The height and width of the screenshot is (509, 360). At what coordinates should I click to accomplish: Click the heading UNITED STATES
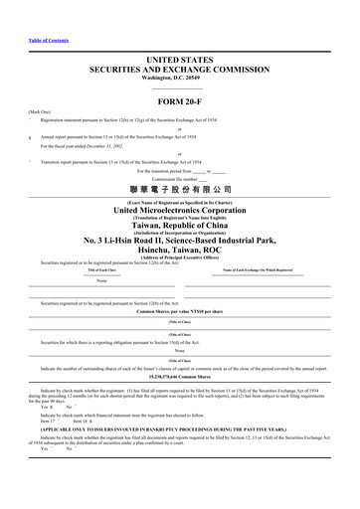coord(179,62)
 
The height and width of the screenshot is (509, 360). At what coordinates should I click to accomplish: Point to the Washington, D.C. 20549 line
coord(179,83)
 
